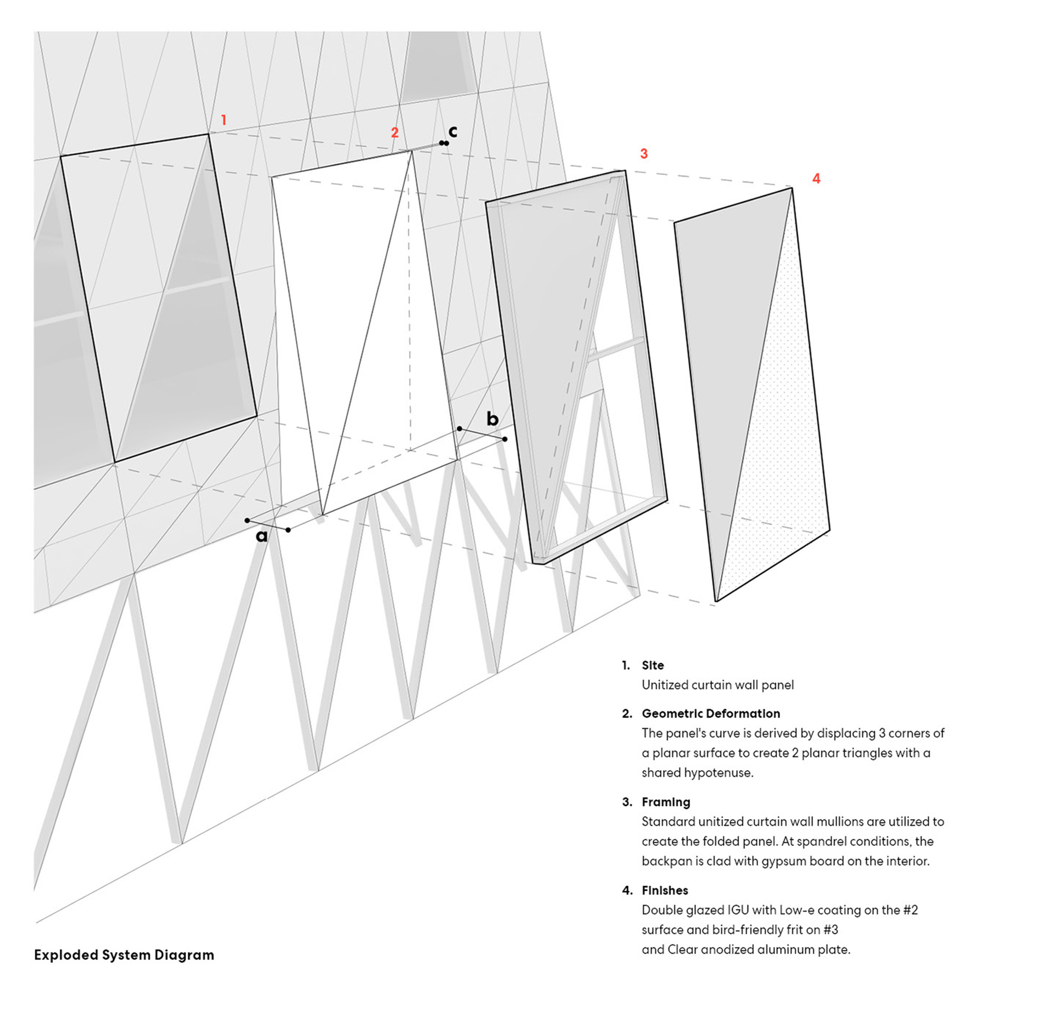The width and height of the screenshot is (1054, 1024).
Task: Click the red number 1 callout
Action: [x=224, y=120]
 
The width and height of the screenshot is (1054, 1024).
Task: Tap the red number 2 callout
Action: [x=395, y=133]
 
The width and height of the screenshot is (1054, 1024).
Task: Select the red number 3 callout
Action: [x=644, y=154]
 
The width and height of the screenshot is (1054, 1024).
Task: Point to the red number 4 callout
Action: [x=816, y=179]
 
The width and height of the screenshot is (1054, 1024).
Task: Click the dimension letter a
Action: [x=261, y=536]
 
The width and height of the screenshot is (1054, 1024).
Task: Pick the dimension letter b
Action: [x=492, y=418]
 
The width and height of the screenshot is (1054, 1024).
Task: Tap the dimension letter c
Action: [x=453, y=131]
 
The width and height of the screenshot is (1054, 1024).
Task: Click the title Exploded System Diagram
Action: [x=124, y=954]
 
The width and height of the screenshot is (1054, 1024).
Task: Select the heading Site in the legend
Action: [x=652, y=665]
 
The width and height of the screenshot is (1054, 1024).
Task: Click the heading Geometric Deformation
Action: [x=710, y=714]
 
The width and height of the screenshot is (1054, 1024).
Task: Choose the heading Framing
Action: [x=666, y=802]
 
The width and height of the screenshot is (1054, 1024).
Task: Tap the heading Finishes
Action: [x=665, y=890]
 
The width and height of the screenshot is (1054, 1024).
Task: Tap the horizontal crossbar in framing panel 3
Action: [x=616, y=349]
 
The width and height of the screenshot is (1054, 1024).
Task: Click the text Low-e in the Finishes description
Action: [x=799, y=910]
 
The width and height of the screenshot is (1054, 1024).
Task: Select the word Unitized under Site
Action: [x=665, y=685]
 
